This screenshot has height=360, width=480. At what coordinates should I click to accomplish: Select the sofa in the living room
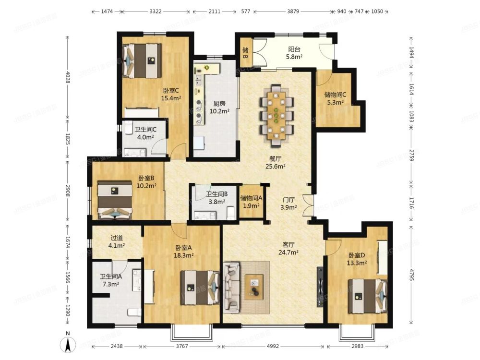click(232, 287)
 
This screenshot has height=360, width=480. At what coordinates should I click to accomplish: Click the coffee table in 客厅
click(254, 287)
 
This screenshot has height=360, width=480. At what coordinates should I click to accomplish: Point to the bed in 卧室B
click(115, 200)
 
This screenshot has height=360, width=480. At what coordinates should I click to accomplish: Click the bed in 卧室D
click(368, 296)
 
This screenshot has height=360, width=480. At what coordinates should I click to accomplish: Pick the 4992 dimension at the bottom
click(273, 346)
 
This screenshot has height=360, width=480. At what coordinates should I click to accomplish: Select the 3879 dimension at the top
click(293, 12)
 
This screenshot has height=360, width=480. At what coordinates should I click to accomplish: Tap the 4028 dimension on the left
click(68, 77)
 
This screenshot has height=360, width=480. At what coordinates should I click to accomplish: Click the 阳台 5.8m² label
click(294, 53)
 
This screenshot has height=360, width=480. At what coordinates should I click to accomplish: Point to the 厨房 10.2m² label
click(219, 107)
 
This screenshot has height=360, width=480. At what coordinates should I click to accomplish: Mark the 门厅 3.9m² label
click(288, 204)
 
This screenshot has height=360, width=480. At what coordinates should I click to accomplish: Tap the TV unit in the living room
click(320, 287)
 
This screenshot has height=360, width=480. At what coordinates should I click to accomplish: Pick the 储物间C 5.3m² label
click(335, 98)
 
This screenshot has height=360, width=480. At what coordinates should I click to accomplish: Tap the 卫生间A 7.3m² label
click(111, 280)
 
